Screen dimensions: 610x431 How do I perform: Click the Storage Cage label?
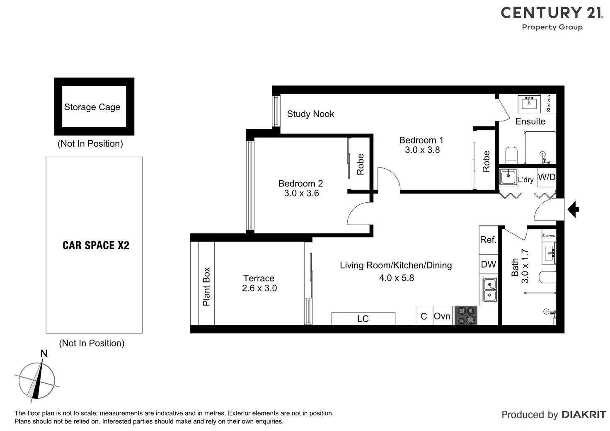[x=92, y=107]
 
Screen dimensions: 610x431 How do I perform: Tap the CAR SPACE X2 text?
[x=96, y=245]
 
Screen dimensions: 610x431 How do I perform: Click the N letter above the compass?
[x=44, y=354]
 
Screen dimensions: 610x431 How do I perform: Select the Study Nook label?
[x=310, y=114]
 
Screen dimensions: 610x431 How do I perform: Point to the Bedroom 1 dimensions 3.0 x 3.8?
[x=422, y=150]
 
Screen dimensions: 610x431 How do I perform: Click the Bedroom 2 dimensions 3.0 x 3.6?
[x=301, y=193]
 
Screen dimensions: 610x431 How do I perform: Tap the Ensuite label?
[x=530, y=121]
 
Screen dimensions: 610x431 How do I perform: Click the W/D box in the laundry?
[x=547, y=177]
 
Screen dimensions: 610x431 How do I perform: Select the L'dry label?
[x=526, y=180]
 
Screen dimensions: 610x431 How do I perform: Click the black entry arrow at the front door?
[x=573, y=209]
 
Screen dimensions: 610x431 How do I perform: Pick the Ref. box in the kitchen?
[x=488, y=240]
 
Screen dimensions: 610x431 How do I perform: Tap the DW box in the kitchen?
[x=488, y=264]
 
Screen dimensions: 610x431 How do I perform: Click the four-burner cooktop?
[x=466, y=315]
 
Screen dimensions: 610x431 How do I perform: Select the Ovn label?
[x=442, y=316]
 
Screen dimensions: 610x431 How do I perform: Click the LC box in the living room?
[x=363, y=319]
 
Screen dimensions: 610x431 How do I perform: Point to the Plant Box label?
[x=206, y=286]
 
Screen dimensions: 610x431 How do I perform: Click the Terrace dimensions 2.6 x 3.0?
[x=259, y=288]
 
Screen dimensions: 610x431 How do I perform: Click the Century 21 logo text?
[x=552, y=13]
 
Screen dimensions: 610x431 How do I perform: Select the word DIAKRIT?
[x=583, y=415]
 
